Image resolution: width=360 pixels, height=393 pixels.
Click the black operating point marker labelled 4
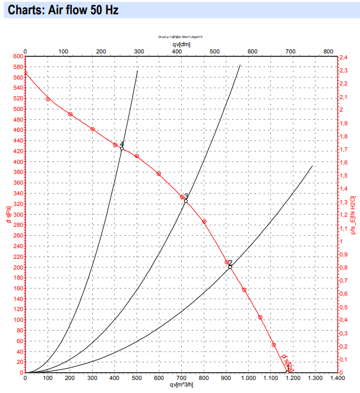click(x=122, y=148)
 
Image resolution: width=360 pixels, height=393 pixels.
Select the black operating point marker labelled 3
click(x=185, y=201)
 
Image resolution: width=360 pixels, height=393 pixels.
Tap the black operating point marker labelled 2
click(x=230, y=267)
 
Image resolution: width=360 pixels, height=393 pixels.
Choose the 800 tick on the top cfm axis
click(x=328, y=51)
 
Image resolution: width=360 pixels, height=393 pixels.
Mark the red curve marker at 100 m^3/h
click(x=48, y=99)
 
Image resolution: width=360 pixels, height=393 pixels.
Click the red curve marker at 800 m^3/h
click(x=204, y=221)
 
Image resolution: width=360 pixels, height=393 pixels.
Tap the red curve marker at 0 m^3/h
click(x=25, y=73)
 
